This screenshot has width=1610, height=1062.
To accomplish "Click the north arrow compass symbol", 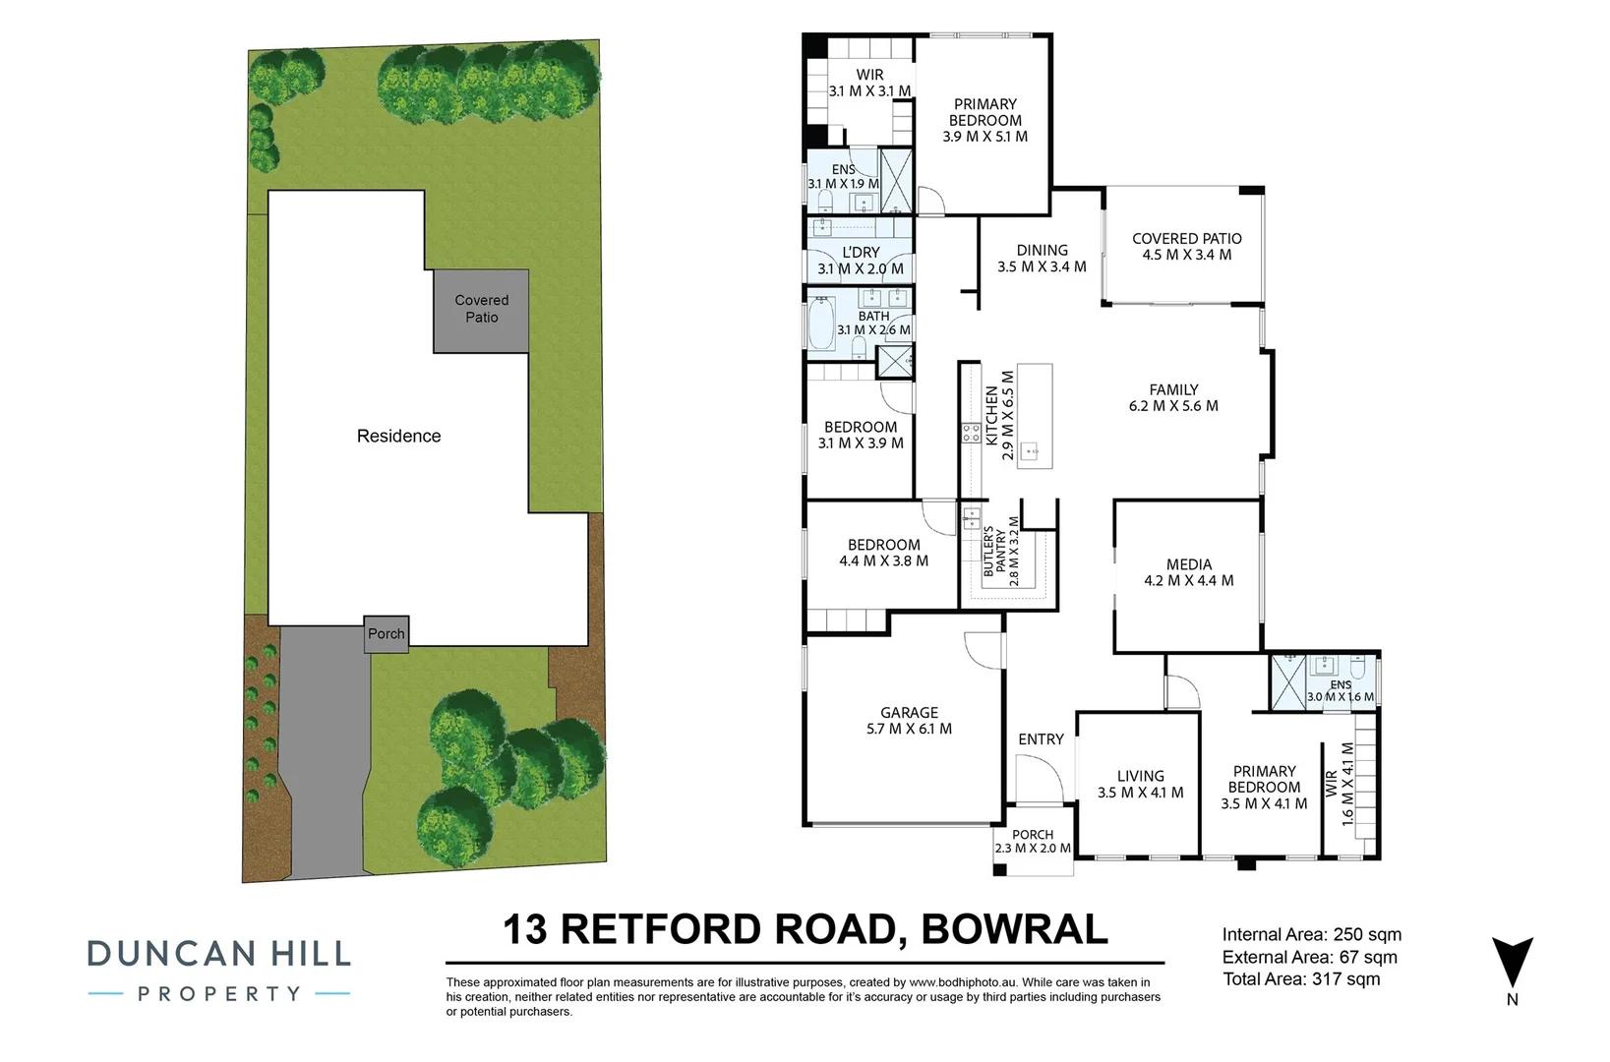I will click(1512, 963).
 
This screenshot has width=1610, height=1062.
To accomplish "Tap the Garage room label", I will click(909, 713).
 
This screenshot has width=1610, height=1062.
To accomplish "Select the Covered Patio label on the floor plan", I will click(1186, 239).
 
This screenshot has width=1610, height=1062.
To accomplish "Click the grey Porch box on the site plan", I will click(386, 633).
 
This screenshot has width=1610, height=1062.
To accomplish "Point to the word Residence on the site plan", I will click(398, 436).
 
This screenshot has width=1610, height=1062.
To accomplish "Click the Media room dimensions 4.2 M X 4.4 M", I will click(1188, 581).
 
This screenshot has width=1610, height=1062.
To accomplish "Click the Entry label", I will click(1041, 739).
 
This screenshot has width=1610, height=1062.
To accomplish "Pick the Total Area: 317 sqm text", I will click(1301, 979).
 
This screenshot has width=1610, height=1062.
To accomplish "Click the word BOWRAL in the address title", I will click(1014, 929).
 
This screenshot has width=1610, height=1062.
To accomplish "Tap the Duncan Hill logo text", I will click(219, 954).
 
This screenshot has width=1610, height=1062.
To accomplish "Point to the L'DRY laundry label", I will click(861, 253).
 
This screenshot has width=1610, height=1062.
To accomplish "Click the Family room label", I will click(1173, 389).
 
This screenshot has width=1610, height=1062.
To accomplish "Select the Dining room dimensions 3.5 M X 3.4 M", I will click(1042, 266).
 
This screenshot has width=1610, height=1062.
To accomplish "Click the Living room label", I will click(1140, 776).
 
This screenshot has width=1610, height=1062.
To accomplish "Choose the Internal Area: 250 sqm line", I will click(1311, 935).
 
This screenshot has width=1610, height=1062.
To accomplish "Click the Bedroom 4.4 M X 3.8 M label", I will click(883, 553).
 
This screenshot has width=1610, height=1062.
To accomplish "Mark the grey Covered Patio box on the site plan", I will click(481, 310).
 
